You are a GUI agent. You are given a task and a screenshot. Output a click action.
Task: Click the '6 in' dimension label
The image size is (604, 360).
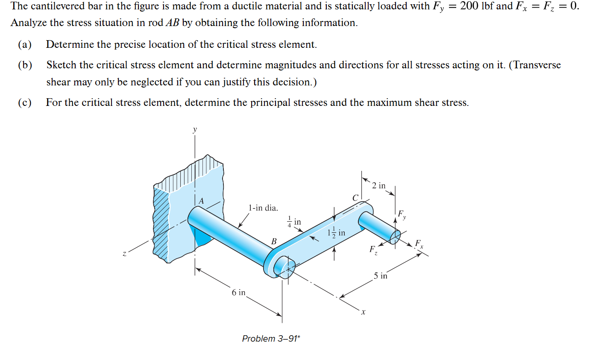[x=238, y=293]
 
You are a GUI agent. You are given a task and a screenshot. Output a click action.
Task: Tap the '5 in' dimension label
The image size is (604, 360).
[x=380, y=276]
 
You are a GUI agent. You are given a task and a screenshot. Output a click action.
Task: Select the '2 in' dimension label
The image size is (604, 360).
[x=378, y=185]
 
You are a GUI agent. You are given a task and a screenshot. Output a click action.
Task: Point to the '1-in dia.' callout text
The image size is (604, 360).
[x=263, y=208]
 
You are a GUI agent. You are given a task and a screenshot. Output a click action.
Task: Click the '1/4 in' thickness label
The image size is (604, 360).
[x=294, y=222]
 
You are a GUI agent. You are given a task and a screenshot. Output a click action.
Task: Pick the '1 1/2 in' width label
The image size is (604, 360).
[x=336, y=233]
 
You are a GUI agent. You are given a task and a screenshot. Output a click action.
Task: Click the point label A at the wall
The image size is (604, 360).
[x=201, y=201]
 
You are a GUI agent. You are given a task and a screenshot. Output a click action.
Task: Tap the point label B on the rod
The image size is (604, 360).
[x=274, y=242]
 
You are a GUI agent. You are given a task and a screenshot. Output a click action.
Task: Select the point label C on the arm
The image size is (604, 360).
[x=355, y=198]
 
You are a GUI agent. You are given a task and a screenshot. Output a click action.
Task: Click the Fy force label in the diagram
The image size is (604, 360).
[x=402, y=214]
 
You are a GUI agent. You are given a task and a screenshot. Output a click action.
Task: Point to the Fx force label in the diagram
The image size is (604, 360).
[x=419, y=244]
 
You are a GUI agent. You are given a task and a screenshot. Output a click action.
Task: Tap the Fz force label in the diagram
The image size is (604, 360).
[x=373, y=250]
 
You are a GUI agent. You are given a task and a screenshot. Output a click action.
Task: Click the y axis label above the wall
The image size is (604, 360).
[x=195, y=129]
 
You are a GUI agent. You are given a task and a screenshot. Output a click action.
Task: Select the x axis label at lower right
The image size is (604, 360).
[x=363, y=312]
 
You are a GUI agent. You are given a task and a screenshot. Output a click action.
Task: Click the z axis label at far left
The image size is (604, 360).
[x=124, y=254]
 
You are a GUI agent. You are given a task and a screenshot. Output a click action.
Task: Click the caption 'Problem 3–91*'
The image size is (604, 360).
[x=271, y=339]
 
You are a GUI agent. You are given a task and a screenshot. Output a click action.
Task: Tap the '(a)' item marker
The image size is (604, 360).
[x=25, y=44]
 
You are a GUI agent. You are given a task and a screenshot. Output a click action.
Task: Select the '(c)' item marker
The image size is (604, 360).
[x=25, y=102]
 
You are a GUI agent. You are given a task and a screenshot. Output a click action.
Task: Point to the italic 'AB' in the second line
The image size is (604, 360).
[x=172, y=23]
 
